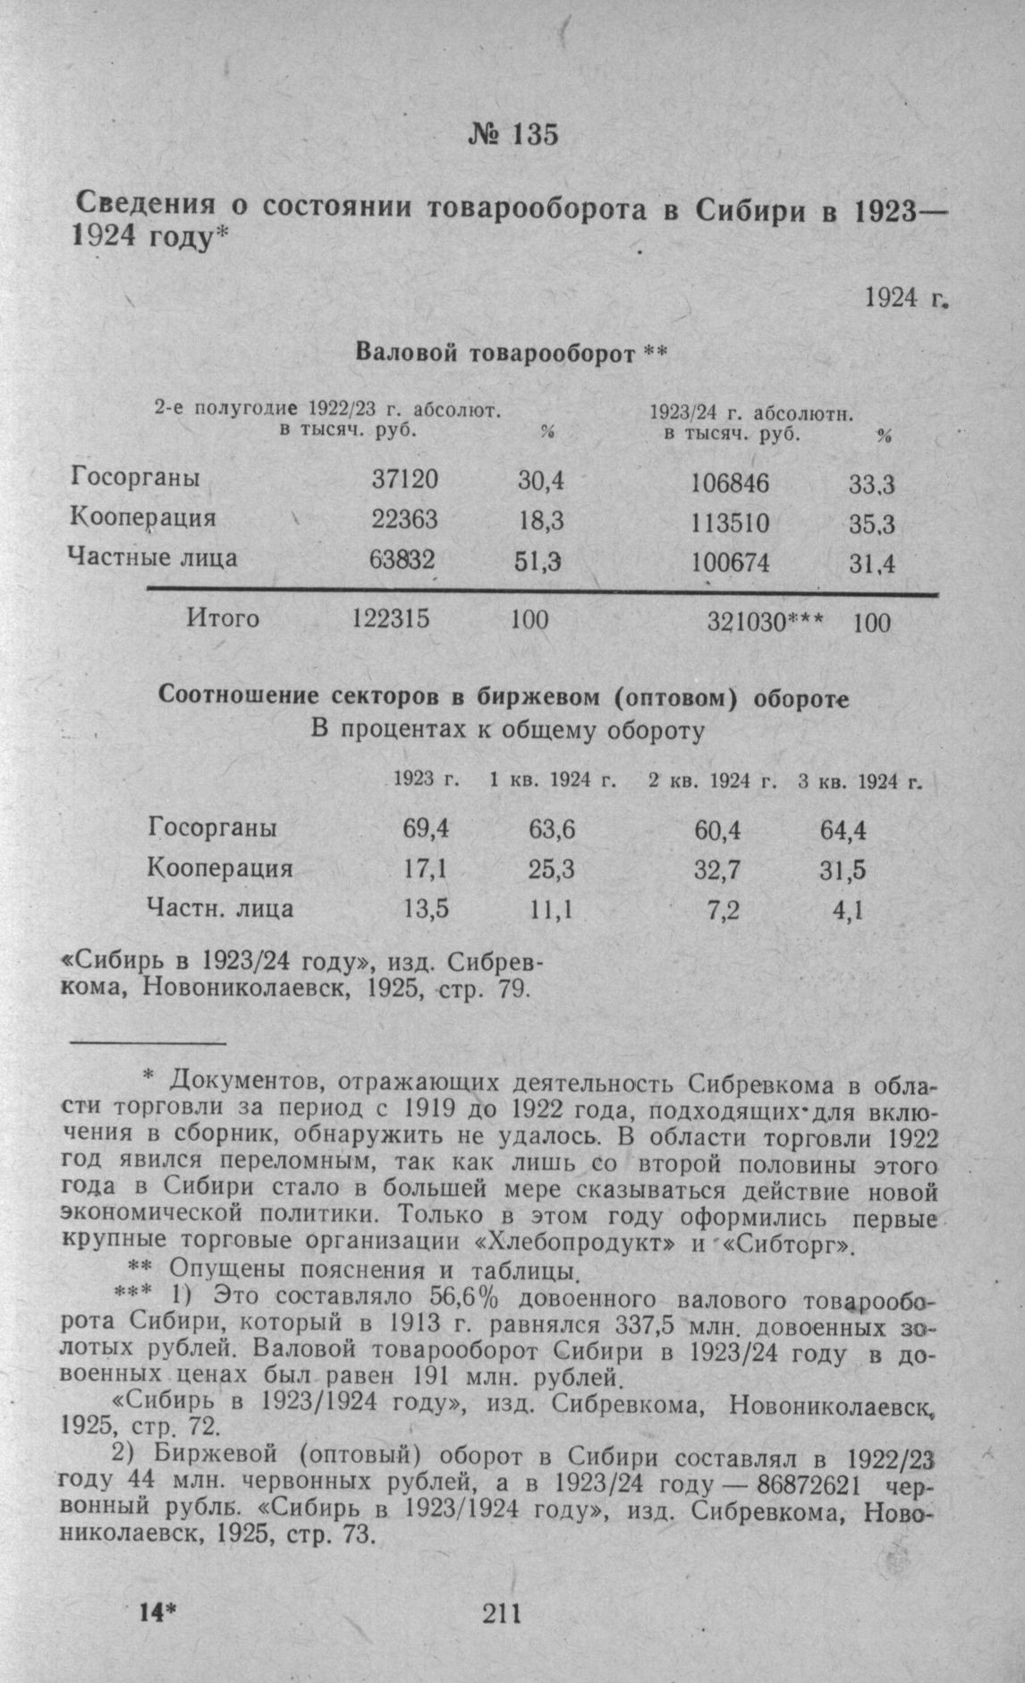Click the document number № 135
512,134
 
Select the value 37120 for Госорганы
405,480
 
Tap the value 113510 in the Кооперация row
730,523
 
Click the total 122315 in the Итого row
391,618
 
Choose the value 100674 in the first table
730,563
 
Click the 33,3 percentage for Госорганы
872,485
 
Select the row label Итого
223,617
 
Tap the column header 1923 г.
428,780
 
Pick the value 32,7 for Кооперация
717,870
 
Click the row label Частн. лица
220,909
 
